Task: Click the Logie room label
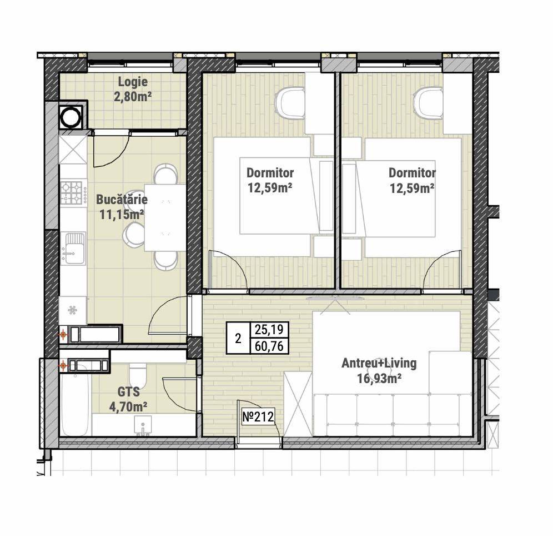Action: pyautogui.click(x=133, y=82)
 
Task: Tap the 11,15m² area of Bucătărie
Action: pyautogui.click(x=122, y=214)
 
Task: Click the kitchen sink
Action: pyautogui.click(x=73, y=248)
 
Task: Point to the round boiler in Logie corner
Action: pyautogui.click(x=72, y=116)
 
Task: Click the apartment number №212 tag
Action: pyautogui.click(x=258, y=417)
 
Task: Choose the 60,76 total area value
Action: pyautogui.click(x=269, y=346)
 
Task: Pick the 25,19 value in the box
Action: pyautogui.click(x=269, y=330)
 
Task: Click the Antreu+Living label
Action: pyautogui.click(x=379, y=363)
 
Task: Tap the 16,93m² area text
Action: pyautogui.click(x=379, y=379)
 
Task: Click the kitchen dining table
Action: pyautogui.click(x=165, y=217)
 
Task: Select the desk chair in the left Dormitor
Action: pyautogui.click(x=289, y=102)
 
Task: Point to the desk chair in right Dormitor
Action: pyautogui.click(x=429, y=102)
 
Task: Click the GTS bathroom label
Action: pyautogui.click(x=129, y=391)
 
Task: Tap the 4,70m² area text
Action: pyautogui.click(x=128, y=407)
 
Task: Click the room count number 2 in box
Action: pyautogui.click(x=238, y=339)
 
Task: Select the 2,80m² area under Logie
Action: pyautogui.click(x=133, y=96)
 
